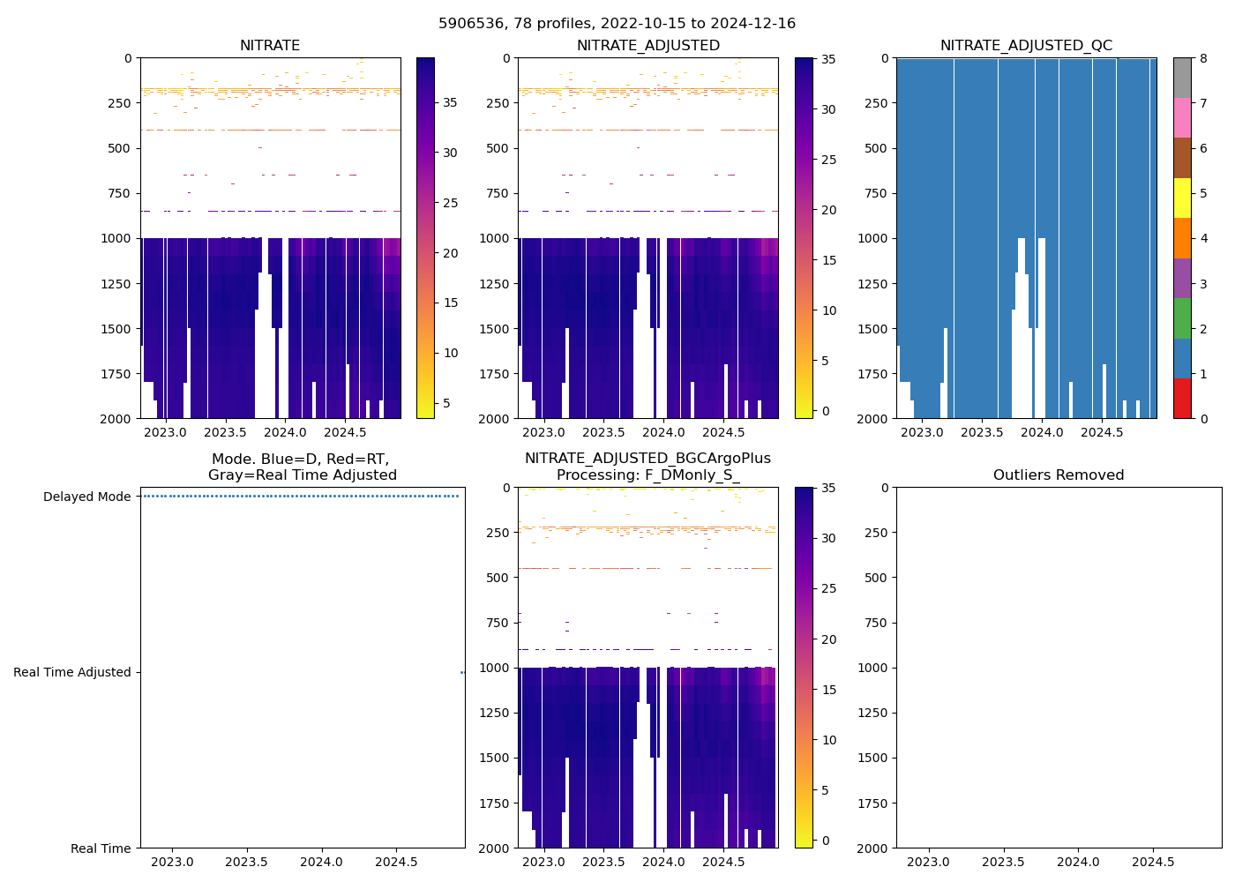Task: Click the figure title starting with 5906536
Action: pos(617,24)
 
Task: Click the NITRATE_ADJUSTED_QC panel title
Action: pos(1026,46)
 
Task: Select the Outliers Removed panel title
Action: pos(1059,475)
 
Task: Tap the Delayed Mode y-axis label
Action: pos(87,497)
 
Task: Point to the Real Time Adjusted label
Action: pos(72,672)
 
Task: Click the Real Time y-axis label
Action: pos(101,848)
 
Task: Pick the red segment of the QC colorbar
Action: pos(1182,399)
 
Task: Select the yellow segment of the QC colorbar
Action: pos(1182,198)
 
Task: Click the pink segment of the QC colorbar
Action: pos(1182,118)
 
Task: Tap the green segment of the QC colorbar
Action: pos(1182,318)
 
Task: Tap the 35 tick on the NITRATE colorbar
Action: pos(450,102)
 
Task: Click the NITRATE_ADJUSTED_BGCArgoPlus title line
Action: pos(647,459)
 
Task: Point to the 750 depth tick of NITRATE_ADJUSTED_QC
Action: pos(874,193)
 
